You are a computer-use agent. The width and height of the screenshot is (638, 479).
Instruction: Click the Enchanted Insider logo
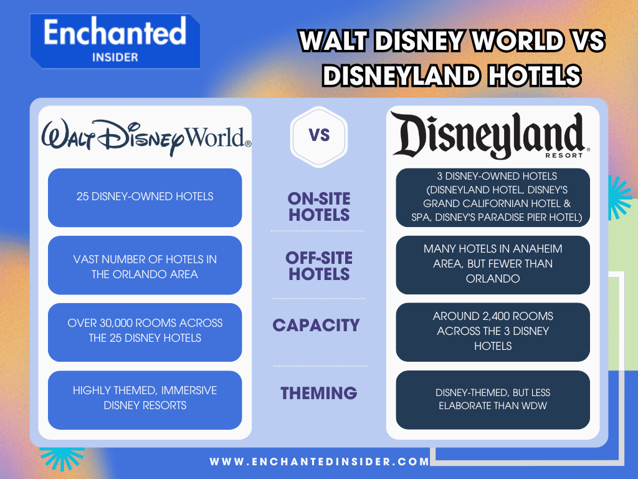(115, 41)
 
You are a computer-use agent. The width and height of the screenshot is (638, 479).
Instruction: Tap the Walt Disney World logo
(146, 137)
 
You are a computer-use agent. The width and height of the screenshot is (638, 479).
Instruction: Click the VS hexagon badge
(319, 136)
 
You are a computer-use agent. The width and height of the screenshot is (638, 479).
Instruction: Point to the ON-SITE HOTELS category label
(319, 207)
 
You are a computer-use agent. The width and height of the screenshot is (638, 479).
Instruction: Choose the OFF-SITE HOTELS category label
(319, 266)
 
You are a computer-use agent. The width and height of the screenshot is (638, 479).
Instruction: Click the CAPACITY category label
(316, 325)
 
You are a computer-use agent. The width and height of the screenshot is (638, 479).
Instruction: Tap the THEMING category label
(318, 393)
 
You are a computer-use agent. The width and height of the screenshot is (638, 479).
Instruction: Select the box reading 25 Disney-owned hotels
(145, 197)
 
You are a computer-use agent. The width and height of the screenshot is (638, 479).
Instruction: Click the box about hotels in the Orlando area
(145, 266)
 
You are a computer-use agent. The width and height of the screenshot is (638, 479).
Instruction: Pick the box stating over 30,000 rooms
(145, 331)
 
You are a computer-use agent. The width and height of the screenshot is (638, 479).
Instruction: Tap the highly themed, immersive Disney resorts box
(145, 398)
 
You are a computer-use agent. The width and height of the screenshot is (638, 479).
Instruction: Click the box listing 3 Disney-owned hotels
(492, 197)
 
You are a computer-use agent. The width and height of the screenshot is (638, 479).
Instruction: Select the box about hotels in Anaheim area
(492, 264)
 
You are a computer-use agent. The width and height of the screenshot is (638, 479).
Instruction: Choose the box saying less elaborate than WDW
(492, 399)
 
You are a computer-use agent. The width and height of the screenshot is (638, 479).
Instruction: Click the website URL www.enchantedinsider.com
(320, 462)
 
